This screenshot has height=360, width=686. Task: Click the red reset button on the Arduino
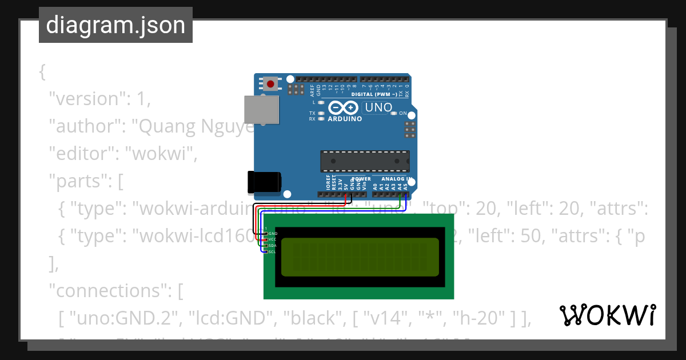270,85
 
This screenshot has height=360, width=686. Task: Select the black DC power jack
264,182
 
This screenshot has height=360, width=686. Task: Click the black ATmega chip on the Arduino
365,161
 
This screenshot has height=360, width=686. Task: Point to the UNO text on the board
378,107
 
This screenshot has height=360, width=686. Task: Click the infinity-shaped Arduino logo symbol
343,107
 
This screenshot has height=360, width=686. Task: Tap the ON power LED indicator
393,113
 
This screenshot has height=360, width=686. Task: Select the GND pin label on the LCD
273,234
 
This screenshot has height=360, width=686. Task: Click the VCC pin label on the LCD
273,239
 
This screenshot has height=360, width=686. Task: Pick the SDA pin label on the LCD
273,246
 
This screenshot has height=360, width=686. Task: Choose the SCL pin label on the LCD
273,251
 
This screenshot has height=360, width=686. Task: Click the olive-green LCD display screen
361,256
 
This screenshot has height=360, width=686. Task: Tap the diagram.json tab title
115,25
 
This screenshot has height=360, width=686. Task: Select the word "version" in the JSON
85,98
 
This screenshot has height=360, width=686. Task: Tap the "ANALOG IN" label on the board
393,179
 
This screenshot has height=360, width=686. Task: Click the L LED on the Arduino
321,102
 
